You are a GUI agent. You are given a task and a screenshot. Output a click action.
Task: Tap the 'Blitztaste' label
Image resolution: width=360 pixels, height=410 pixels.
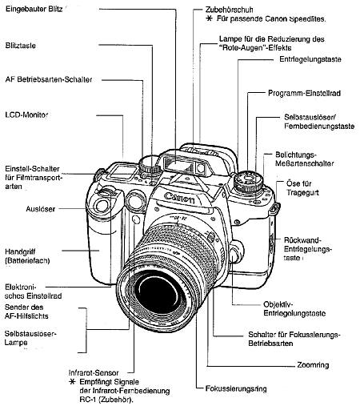point(22,46)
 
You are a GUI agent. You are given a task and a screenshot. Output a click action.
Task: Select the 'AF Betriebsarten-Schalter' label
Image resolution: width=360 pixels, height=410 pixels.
point(48,80)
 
